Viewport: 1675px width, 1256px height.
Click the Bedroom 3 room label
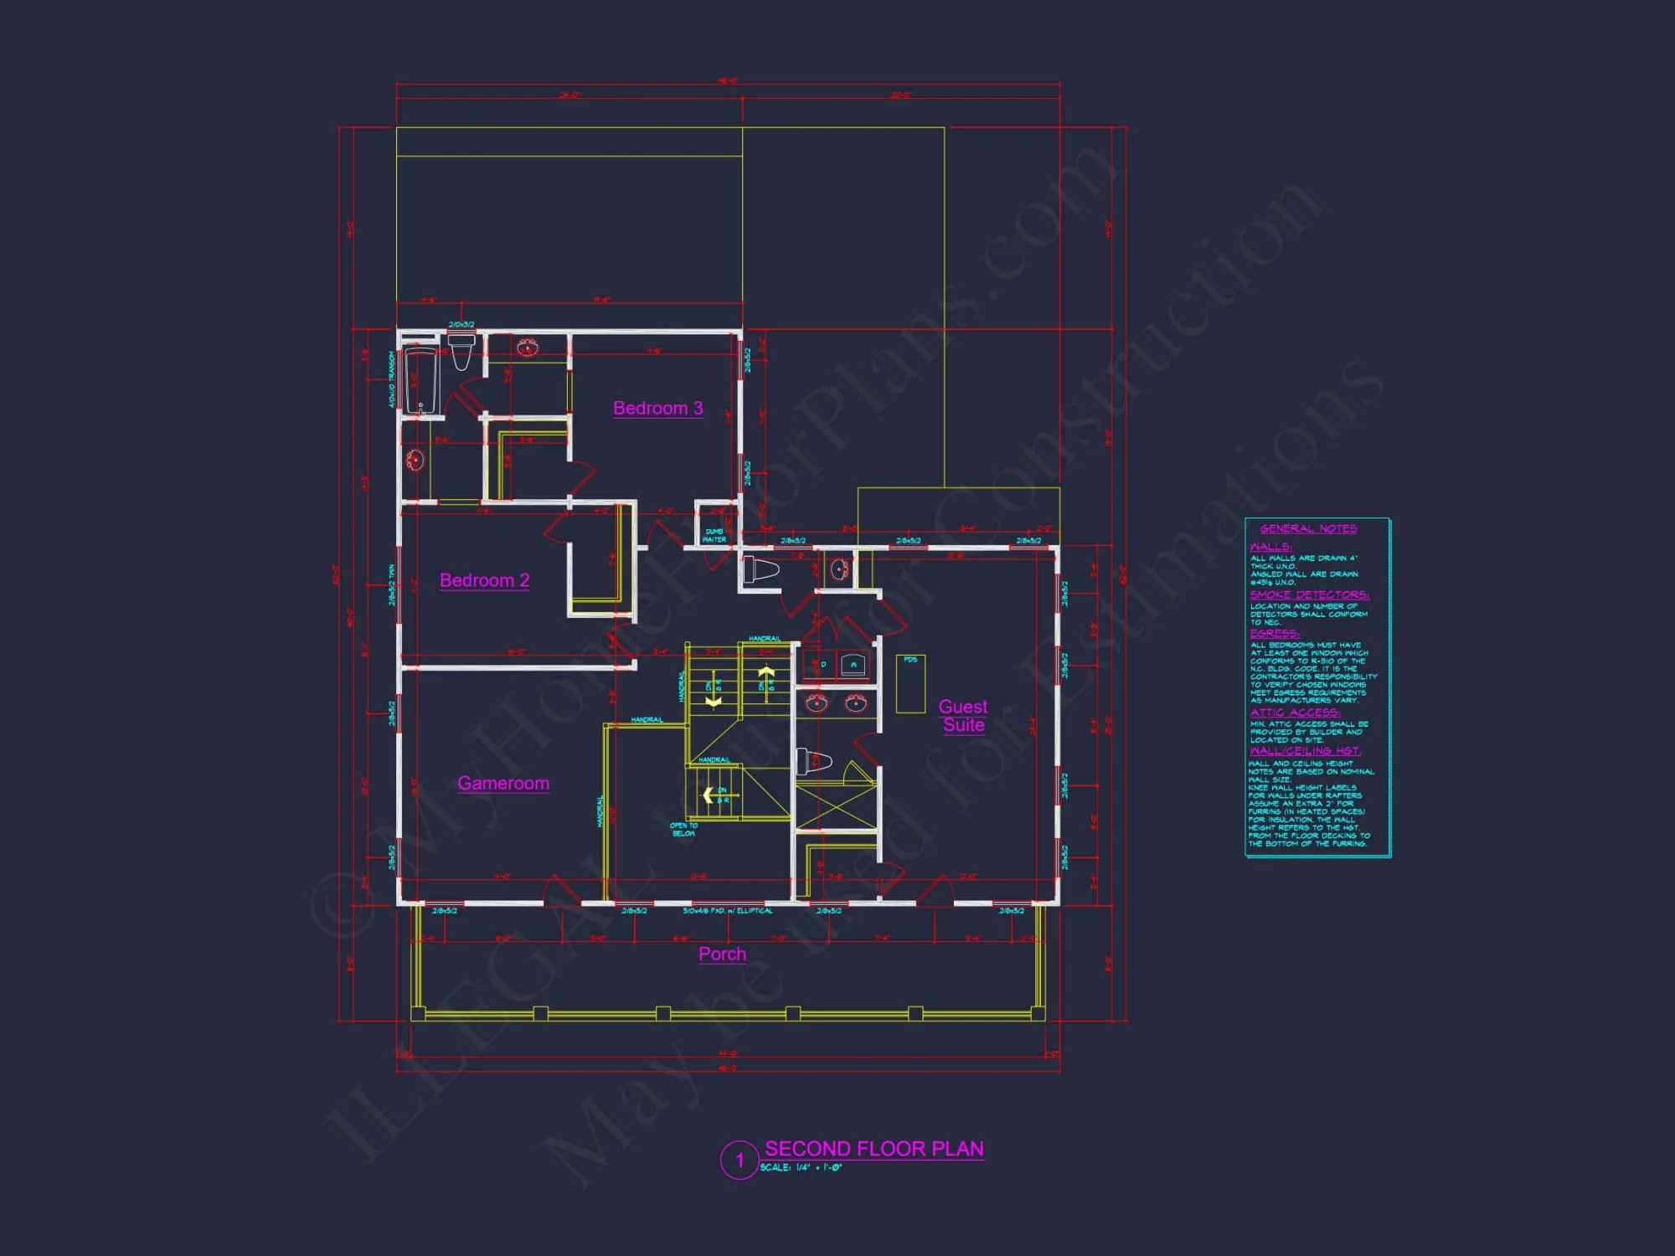(x=657, y=409)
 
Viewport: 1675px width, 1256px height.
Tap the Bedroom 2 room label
(x=484, y=580)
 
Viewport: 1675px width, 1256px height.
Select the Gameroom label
(x=503, y=783)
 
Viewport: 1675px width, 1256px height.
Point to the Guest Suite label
(x=963, y=716)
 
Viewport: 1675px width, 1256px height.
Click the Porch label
(x=722, y=954)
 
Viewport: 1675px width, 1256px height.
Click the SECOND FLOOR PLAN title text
(x=874, y=1149)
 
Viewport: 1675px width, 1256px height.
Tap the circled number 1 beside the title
(x=740, y=1160)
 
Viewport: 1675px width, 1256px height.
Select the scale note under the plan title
(x=801, y=1168)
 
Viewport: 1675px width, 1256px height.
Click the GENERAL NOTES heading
(x=1308, y=528)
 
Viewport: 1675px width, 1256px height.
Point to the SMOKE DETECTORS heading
(x=1309, y=595)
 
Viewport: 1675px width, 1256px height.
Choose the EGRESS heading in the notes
(x=1274, y=634)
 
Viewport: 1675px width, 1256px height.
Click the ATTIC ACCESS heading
(x=1295, y=713)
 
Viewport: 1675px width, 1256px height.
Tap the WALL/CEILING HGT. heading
(x=1305, y=751)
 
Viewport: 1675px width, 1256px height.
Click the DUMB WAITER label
(x=714, y=535)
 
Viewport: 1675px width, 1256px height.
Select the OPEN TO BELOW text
(x=683, y=829)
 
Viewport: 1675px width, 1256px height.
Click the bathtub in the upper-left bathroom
(x=420, y=381)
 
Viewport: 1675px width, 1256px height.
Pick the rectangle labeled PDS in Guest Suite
(x=910, y=683)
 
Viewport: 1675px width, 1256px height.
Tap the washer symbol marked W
(x=853, y=666)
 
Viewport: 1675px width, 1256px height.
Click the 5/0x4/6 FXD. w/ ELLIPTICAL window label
(x=728, y=910)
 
